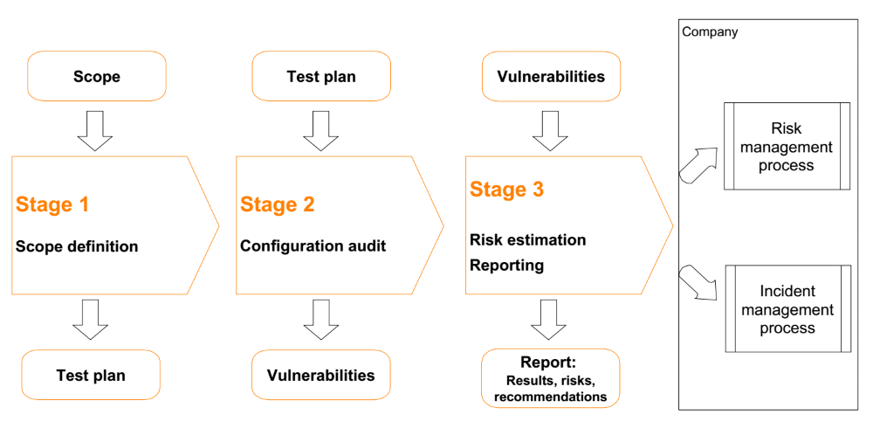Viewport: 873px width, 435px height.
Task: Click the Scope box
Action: coord(96,76)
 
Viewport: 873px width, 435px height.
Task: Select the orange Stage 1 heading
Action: coord(52,205)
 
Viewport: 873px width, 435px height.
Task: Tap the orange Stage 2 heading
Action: coord(278,204)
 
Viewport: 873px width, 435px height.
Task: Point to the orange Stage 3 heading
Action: coord(506,190)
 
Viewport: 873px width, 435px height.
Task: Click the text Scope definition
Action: coord(77,246)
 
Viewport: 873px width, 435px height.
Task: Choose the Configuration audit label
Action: coord(313,245)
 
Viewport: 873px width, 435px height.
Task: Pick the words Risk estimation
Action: coord(528,240)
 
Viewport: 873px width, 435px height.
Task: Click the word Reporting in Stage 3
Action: coord(506,266)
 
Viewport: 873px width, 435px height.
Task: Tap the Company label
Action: coord(710,31)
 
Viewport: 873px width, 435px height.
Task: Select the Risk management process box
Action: coord(787,146)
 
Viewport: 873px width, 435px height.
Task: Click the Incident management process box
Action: coord(787,308)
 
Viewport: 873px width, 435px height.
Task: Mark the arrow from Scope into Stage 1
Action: coord(94,130)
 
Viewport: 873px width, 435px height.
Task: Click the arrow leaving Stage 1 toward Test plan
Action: coord(91,319)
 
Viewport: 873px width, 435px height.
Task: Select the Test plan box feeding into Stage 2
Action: coord(321,76)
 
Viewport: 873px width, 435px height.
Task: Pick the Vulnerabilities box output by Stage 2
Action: coord(320,375)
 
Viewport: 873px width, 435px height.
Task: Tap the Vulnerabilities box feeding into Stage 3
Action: coord(551,76)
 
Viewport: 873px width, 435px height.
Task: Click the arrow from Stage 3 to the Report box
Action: coord(548,319)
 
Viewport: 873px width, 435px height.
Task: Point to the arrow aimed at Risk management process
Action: coord(698,163)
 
